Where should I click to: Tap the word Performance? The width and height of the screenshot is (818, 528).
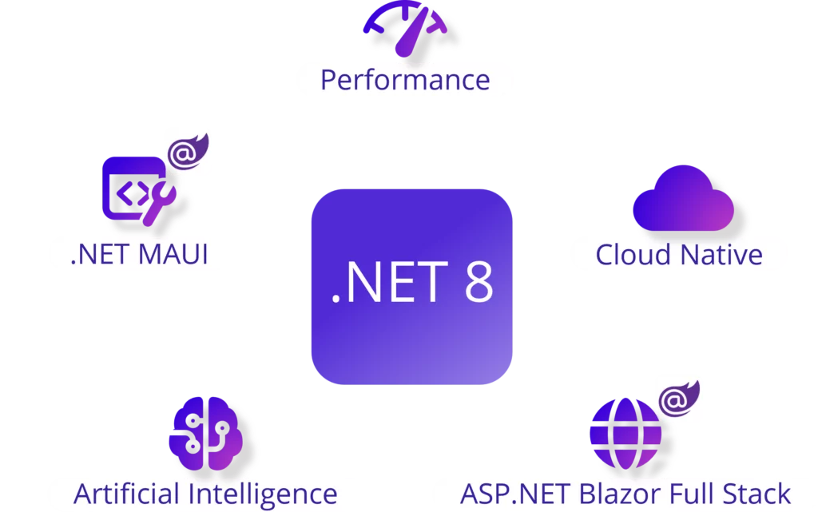click(405, 81)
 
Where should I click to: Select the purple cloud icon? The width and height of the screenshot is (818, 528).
click(684, 198)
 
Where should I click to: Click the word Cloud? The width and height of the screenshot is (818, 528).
click(633, 255)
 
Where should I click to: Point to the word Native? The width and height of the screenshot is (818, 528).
click(721, 255)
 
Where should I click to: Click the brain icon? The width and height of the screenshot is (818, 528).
click(205, 433)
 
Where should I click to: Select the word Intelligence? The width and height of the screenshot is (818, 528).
click(263, 494)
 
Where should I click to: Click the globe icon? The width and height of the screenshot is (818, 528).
click(625, 434)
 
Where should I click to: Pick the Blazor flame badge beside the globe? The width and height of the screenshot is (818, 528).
click(678, 399)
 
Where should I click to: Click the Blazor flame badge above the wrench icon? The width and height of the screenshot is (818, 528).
click(188, 152)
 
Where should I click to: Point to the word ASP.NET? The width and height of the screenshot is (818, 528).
click(515, 494)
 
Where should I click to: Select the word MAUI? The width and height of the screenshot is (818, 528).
click(173, 255)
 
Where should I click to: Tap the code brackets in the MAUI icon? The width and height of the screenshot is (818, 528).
click(133, 193)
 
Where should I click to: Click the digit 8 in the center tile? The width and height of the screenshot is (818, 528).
click(479, 282)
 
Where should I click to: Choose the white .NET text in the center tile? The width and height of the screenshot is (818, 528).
click(390, 282)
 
